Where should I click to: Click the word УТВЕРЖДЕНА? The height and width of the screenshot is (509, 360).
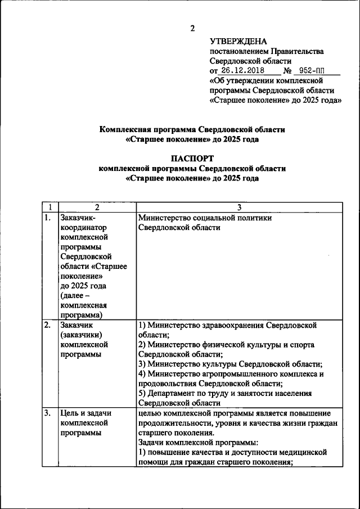pos(238,41)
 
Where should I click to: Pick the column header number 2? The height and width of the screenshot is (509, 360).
pos(97,208)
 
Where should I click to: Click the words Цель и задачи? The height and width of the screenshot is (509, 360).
pos(85,413)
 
